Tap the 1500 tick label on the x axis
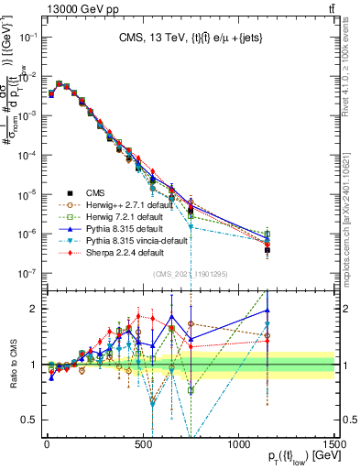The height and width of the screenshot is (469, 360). point(335,443)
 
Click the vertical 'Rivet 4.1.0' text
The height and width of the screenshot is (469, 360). point(352,78)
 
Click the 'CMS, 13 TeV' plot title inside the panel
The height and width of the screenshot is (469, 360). point(190,38)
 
